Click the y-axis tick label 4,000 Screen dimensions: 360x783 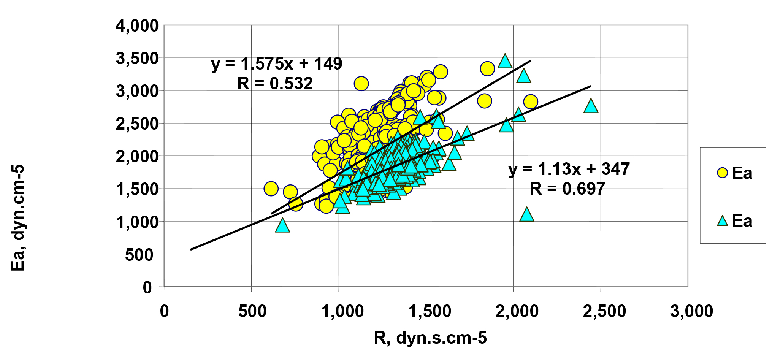(x=137, y=26)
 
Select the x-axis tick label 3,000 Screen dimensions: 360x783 (x=691, y=311)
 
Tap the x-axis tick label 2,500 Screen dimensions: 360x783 (x=604, y=311)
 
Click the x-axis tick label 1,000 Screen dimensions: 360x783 (x=342, y=311)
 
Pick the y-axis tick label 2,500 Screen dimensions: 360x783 (x=137, y=124)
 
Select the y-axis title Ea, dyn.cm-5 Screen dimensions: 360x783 (x=18, y=218)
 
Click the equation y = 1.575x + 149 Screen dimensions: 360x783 (x=276, y=64)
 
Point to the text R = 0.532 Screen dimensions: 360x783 (x=275, y=83)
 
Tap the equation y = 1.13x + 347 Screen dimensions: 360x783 (x=569, y=169)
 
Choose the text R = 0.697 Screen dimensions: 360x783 (x=567, y=189)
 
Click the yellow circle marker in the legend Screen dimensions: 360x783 (x=722, y=173)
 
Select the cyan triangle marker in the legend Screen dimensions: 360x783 (x=722, y=221)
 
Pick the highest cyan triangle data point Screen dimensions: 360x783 (x=505, y=61)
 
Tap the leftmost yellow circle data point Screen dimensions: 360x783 (x=271, y=189)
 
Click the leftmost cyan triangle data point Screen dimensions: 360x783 (x=282, y=225)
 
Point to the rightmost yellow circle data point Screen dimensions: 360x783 (x=530, y=101)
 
